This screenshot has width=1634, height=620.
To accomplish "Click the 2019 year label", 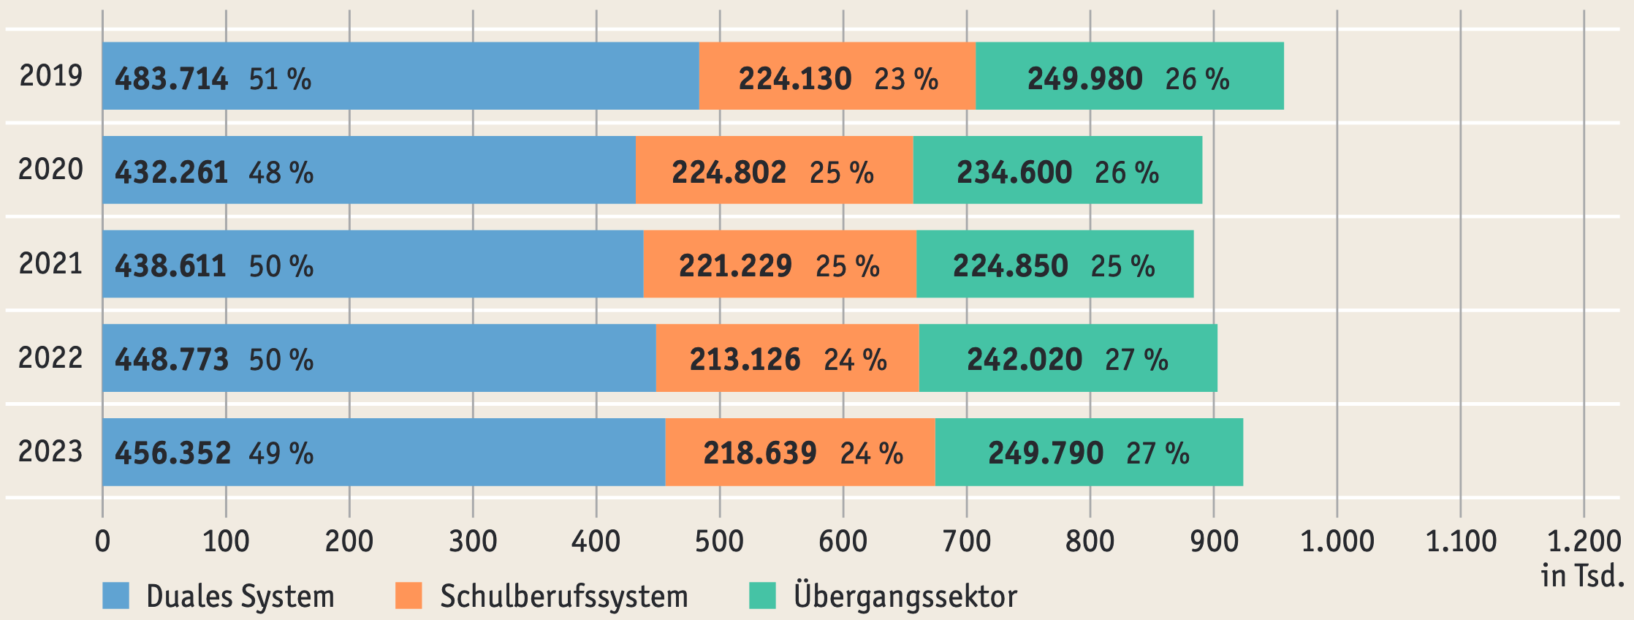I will (x=50, y=76).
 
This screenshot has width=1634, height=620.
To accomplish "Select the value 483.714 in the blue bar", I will (x=172, y=79).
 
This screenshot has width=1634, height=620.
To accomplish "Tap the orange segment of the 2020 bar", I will (x=774, y=170).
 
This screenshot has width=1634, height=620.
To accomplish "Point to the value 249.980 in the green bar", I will (x=1084, y=79).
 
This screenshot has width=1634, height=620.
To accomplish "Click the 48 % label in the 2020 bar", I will (x=281, y=173).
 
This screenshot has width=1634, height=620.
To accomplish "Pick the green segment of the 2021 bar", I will (x=1054, y=264).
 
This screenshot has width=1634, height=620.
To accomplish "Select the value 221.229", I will (x=735, y=266).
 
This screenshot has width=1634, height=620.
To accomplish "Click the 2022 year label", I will (x=50, y=358).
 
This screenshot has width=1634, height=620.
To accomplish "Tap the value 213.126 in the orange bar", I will (x=745, y=360).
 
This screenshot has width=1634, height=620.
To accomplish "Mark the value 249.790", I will (x=1045, y=453).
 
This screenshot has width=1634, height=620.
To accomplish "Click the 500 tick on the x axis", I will (x=719, y=542).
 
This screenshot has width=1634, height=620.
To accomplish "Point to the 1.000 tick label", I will (x=1337, y=542).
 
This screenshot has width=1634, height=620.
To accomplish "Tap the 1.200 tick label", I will (x=1584, y=542).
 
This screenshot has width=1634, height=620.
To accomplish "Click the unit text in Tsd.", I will (x=1582, y=577).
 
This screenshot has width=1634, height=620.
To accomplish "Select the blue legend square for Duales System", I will (x=115, y=596).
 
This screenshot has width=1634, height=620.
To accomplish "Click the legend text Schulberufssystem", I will (x=563, y=597).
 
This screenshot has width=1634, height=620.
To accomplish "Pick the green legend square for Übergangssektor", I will (x=762, y=596).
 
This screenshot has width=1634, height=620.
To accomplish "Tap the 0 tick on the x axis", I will (x=102, y=542).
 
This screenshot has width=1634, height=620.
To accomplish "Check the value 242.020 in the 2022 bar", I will (x=1024, y=360).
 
